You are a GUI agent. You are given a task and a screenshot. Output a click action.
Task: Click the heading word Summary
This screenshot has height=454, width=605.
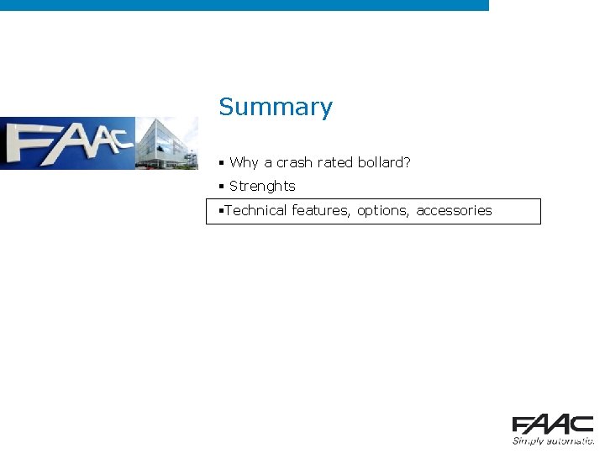click(x=276, y=108)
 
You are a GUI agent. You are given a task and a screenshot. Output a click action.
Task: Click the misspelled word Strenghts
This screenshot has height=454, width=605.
click(x=262, y=186)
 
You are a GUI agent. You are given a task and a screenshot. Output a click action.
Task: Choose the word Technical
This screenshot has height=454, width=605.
click(x=255, y=210)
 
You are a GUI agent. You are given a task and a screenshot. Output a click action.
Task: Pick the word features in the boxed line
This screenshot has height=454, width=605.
click(x=322, y=210)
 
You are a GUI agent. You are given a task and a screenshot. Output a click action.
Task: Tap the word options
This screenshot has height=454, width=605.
click(x=384, y=211)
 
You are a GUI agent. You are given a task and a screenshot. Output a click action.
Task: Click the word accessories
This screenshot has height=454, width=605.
click(x=454, y=210)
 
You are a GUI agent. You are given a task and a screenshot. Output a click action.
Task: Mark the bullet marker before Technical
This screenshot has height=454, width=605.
click(x=219, y=210)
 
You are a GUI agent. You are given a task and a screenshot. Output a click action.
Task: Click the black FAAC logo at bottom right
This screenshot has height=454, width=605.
click(x=553, y=425)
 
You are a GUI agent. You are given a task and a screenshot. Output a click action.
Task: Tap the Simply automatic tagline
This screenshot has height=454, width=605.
click(x=554, y=441)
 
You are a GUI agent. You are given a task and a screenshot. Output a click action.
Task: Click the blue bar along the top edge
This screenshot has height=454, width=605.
click(x=244, y=5)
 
